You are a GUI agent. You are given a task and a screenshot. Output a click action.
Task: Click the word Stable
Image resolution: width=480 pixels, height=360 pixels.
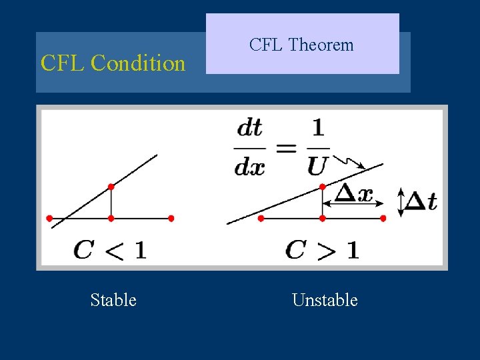coord(113,300)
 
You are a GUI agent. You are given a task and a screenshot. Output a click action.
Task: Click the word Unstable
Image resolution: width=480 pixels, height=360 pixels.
coord(325,300)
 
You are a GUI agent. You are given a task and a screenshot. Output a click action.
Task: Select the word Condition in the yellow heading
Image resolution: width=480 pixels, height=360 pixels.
coord(138,63)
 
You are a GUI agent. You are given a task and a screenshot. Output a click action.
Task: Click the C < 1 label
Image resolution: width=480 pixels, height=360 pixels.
coord(110,250)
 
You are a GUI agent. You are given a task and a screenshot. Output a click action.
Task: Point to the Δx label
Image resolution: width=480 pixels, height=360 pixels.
coord(353,194)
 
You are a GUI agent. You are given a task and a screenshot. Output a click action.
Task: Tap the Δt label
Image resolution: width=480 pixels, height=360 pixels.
coord(421,201)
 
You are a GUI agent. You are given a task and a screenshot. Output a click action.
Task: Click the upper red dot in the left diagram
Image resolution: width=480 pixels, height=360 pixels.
coord(111,187)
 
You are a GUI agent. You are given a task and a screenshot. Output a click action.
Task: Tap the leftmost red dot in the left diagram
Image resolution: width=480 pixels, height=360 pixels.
coord(49,218)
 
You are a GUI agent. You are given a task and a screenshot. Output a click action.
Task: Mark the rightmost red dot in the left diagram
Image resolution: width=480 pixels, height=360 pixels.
coord(171,218)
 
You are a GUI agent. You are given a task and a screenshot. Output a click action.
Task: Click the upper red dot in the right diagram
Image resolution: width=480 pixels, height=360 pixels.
coord(322,187)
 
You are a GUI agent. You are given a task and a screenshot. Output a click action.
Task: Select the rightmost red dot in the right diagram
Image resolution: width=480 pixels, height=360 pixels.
coord(383,218)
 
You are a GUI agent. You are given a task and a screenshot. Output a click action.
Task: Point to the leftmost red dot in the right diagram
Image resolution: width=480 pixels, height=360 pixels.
coord(261,218)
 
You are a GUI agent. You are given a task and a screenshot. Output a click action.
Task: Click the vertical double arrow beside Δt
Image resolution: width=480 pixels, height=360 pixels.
coord(401,202)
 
